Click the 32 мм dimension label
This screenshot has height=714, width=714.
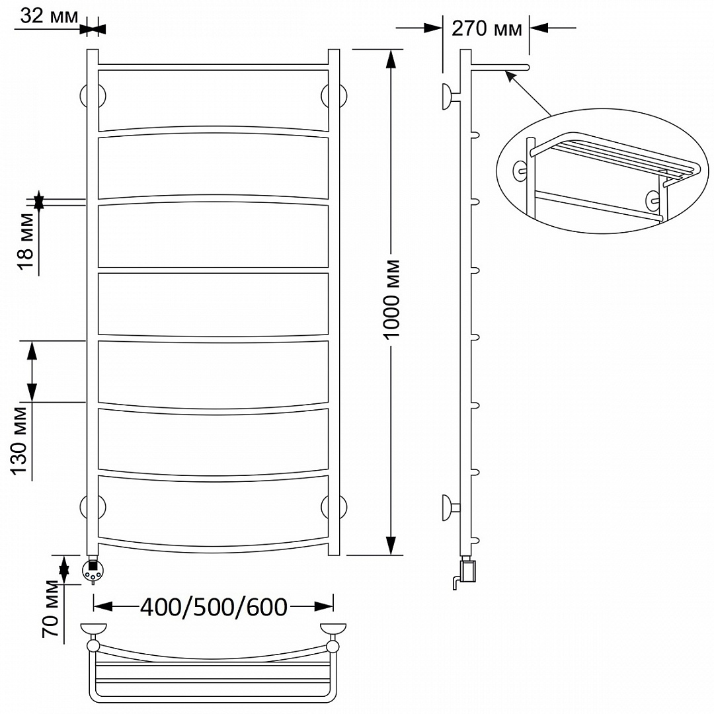tap(49, 17)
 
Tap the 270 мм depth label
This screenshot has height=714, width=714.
tap(487, 28)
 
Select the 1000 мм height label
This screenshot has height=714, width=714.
tap(391, 299)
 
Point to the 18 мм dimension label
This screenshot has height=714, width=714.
tap(26, 241)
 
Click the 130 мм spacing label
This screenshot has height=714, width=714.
tap(20, 440)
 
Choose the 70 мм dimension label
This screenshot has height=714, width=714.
tap(50, 609)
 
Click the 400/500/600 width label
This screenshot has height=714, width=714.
tap(214, 606)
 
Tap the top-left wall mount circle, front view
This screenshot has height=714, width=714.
tap(93, 96)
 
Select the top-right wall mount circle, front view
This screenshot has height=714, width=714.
tap(334, 96)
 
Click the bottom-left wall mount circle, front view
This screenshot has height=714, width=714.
tap(93, 507)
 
